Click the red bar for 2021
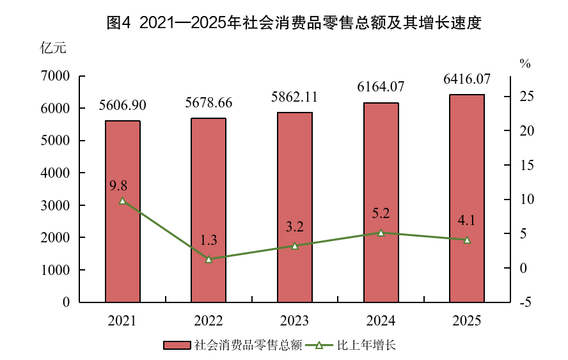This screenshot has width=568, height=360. pyautogui.click(x=123, y=211)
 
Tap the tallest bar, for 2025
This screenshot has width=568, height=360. pyautogui.click(x=467, y=198)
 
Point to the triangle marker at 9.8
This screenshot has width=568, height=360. pyautogui.click(x=123, y=201)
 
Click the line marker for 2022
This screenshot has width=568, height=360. pyautogui.click(x=209, y=259)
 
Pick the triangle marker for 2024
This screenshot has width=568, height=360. pyautogui.click(x=381, y=233)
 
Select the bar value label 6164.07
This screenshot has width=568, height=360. pyautogui.click(x=381, y=88)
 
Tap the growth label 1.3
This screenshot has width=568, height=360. pyautogui.click(x=209, y=241)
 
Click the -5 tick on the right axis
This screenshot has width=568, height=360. pyautogui.click(x=525, y=302)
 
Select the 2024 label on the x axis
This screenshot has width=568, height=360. pyautogui.click(x=381, y=320)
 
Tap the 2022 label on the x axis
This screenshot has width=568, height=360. pyautogui.click(x=209, y=320)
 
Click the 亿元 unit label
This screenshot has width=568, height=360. pyautogui.click(x=52, y=48)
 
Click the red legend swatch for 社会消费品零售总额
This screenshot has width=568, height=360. pyautogui.click(x=177, y=345)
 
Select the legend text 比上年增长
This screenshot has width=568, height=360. pyautogui.click(x=367, y=345)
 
